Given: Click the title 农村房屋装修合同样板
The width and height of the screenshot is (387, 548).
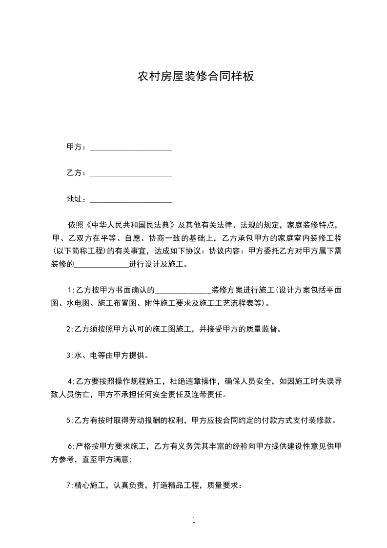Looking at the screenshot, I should (195, 77).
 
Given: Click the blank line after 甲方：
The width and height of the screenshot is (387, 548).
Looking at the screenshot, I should (131, 147).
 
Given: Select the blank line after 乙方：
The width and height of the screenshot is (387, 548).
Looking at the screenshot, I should (131, 173).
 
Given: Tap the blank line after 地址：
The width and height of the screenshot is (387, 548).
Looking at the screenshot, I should (131, 200).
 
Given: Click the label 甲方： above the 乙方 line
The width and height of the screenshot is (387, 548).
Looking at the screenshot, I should (77, 147).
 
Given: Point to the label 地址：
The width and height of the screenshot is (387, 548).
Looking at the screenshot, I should (77, 200).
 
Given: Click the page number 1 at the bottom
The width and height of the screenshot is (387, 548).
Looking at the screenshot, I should (194, 521).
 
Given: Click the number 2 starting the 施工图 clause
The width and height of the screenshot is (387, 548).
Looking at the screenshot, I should (68, 329).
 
